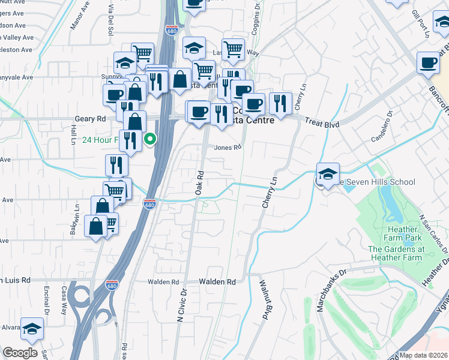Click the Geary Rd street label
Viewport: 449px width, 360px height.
90,119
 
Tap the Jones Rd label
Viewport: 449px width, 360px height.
228,146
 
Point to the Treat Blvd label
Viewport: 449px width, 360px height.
322,124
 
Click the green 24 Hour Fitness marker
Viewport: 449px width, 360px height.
150,140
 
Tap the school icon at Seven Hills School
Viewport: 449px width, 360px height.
328,175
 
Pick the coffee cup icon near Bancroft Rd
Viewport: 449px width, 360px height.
429,62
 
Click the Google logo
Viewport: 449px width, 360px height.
20,353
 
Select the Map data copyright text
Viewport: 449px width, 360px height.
423,355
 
